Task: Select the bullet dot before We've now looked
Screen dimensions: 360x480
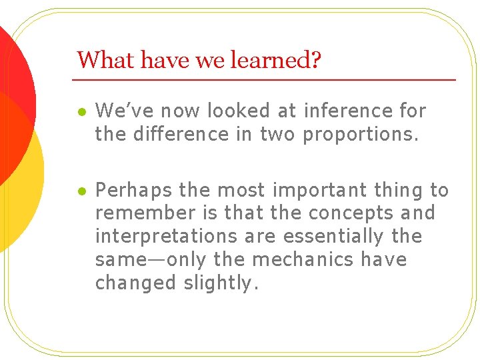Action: point(81,111)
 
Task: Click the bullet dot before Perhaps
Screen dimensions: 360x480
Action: point(81,191)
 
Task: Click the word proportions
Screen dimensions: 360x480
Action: point(361,134)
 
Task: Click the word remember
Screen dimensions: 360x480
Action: point(141,213)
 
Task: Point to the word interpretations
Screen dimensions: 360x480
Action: point(166,237)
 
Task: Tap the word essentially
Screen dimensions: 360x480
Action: point(333,237)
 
